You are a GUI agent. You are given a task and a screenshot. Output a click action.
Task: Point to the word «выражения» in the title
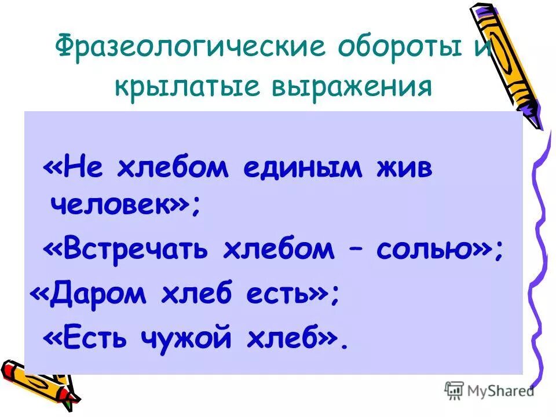coord(357,87)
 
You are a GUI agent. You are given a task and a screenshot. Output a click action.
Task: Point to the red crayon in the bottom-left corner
coord(17,371)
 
